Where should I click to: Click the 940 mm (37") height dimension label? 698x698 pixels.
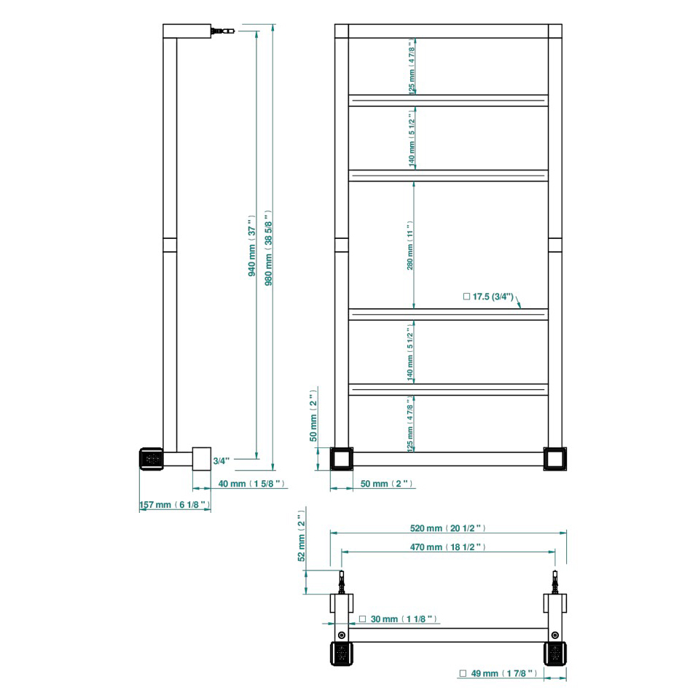[x=252, y=246]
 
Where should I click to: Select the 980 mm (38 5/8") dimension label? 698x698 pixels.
[x=268, y=248]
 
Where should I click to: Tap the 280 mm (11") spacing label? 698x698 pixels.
[x=410, y=246]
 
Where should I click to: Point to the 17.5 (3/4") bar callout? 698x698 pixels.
[x=488, y=297]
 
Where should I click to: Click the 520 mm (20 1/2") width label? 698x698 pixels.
[x=447, y=528]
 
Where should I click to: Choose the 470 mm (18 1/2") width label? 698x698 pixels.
[x=447, y=546]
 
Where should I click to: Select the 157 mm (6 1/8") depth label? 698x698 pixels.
[x=175, y=504]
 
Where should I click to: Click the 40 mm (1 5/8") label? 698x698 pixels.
[x=251, y=484]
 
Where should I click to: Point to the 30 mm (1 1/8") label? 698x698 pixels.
[x=398, y=619]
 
